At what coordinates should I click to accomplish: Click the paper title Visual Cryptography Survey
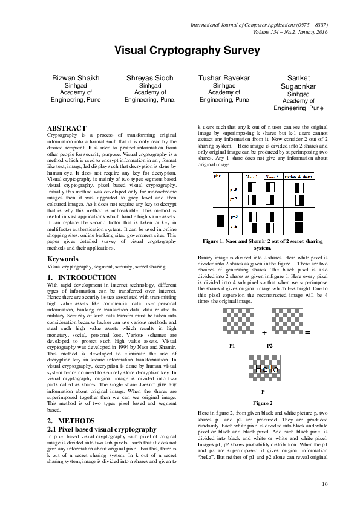179,50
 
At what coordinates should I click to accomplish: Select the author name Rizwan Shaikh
77,78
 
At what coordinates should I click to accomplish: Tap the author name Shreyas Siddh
150,78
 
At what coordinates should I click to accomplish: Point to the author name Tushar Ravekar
224,78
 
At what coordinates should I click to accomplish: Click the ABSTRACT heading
67,128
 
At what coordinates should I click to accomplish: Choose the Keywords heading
62,259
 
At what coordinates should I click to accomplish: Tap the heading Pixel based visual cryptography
102,429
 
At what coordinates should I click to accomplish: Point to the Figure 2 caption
262,403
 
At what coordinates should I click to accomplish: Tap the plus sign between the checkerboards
264,333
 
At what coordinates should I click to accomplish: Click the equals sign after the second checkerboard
307,332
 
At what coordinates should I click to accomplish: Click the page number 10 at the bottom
324,484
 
